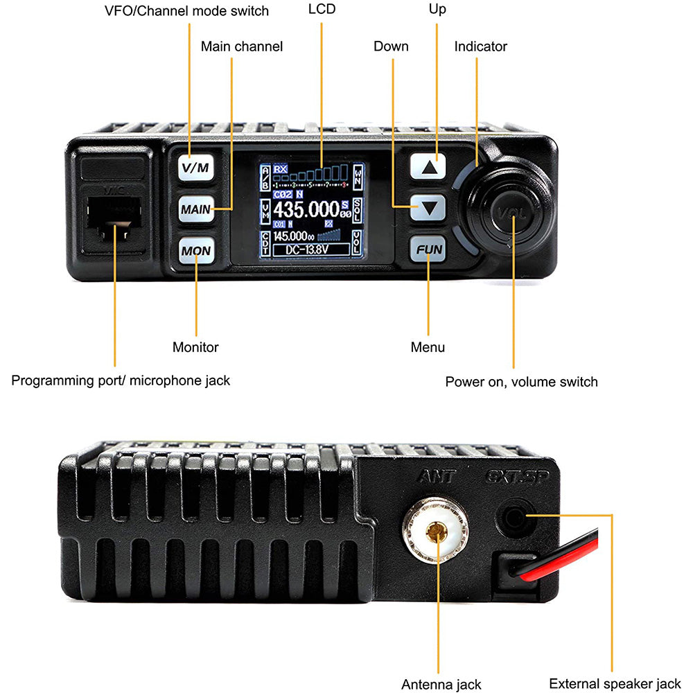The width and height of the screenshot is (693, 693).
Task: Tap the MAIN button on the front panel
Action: point(196,208)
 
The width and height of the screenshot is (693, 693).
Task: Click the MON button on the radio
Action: point(196,250)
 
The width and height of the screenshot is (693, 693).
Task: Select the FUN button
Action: point(428,249)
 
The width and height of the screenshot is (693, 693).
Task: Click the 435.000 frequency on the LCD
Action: point(305,209)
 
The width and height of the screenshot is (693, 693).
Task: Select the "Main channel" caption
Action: point(242,46)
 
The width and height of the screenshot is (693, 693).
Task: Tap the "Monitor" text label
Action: point(195,347)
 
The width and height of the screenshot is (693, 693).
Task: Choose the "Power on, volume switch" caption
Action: point(521,382)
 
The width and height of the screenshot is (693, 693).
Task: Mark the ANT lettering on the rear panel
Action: point(436,477)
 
